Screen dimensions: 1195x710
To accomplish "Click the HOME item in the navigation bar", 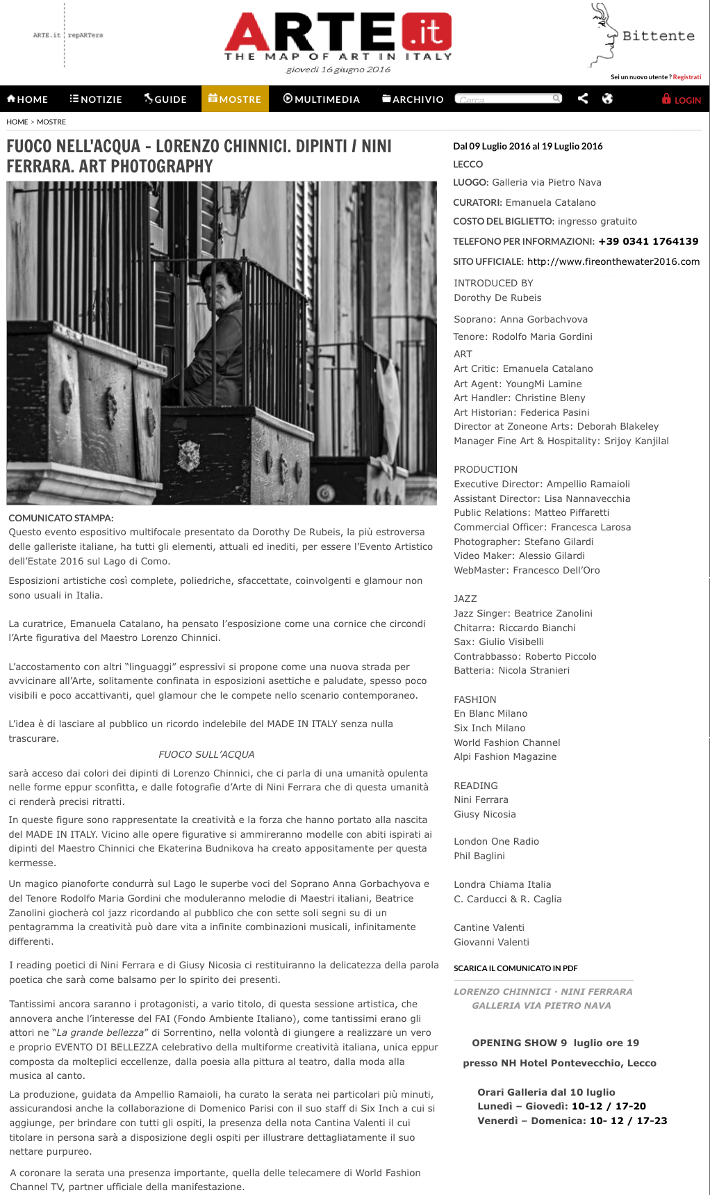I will (x=28, y=99).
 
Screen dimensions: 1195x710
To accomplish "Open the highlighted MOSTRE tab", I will (x=235, y=99).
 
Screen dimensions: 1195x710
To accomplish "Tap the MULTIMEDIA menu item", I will (x=322, y=99).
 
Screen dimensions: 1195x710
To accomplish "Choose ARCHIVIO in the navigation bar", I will (x=413, y=99).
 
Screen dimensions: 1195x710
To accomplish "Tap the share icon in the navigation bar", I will (x=583, y=99).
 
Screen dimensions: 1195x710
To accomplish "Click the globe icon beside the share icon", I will (x=607, y=99).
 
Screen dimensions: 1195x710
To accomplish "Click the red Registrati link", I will (x=686, y=77).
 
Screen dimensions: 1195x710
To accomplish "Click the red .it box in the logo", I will (x=427, y=32).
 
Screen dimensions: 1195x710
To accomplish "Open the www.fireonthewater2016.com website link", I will (x=613, y=261).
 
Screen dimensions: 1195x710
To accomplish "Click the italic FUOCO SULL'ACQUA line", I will (x=206, y=754).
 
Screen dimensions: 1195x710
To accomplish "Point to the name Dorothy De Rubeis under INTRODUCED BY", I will (x=497, y=298).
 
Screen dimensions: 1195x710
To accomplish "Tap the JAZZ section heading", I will (x=465, y=599).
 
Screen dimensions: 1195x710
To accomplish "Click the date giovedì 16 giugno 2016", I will (x=338, y=70).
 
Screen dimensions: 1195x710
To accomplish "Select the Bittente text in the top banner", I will (x=658, y=36).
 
